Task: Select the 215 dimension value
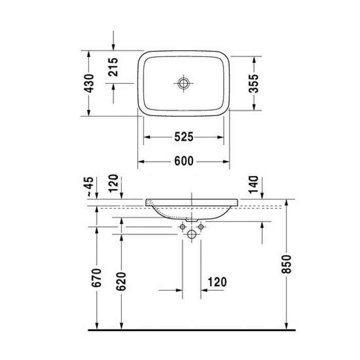click(x=114, y=67)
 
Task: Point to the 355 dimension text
click(x=253, y=82)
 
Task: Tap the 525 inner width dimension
click(x=183, y=137)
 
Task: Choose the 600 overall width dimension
click(x=183, y=161)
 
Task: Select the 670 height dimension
click(x=97, y=278)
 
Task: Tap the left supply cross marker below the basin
click(x=183, y=226)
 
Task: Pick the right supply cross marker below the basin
click(x=201, y=226)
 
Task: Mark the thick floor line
click(x=192, y=329)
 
